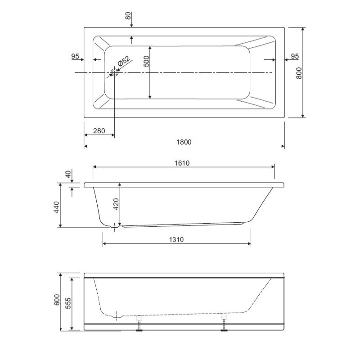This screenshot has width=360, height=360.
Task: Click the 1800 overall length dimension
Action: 184,142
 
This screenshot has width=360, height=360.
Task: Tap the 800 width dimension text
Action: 299,73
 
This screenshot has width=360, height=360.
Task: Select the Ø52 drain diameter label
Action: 123,61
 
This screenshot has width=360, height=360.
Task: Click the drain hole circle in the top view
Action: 114,72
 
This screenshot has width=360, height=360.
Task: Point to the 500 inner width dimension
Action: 146,61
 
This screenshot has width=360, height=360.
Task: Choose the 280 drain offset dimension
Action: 99,131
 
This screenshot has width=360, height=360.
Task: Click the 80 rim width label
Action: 128,16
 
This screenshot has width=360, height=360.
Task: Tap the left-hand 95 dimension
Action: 75,56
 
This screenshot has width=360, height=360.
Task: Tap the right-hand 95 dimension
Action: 295,56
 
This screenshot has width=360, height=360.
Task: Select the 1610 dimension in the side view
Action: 182,163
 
